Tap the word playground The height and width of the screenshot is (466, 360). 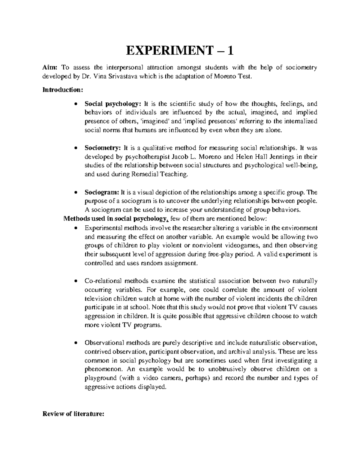click(100, 378)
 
